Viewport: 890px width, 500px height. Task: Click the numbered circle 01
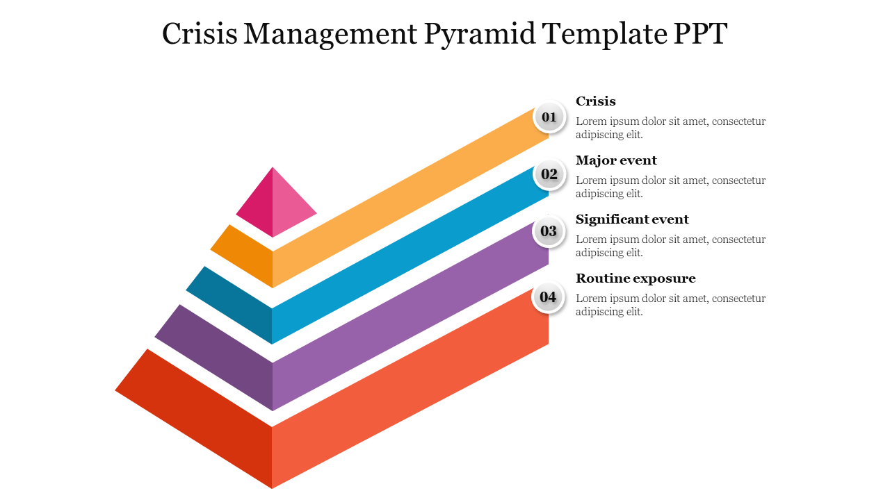[549, 117]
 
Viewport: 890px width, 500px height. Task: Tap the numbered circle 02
[549, 174]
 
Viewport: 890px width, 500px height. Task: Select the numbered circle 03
[549, 231]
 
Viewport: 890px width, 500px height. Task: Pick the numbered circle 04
[548, 298]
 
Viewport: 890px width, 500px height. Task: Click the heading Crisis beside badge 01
[596, 101]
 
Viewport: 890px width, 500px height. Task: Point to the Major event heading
[616, 160]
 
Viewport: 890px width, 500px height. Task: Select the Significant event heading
[632, 219]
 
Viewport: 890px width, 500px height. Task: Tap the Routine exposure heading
[636, 278]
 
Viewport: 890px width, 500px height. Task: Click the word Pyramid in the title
[478, 34]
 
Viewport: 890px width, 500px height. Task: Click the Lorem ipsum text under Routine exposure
[670, 305]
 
